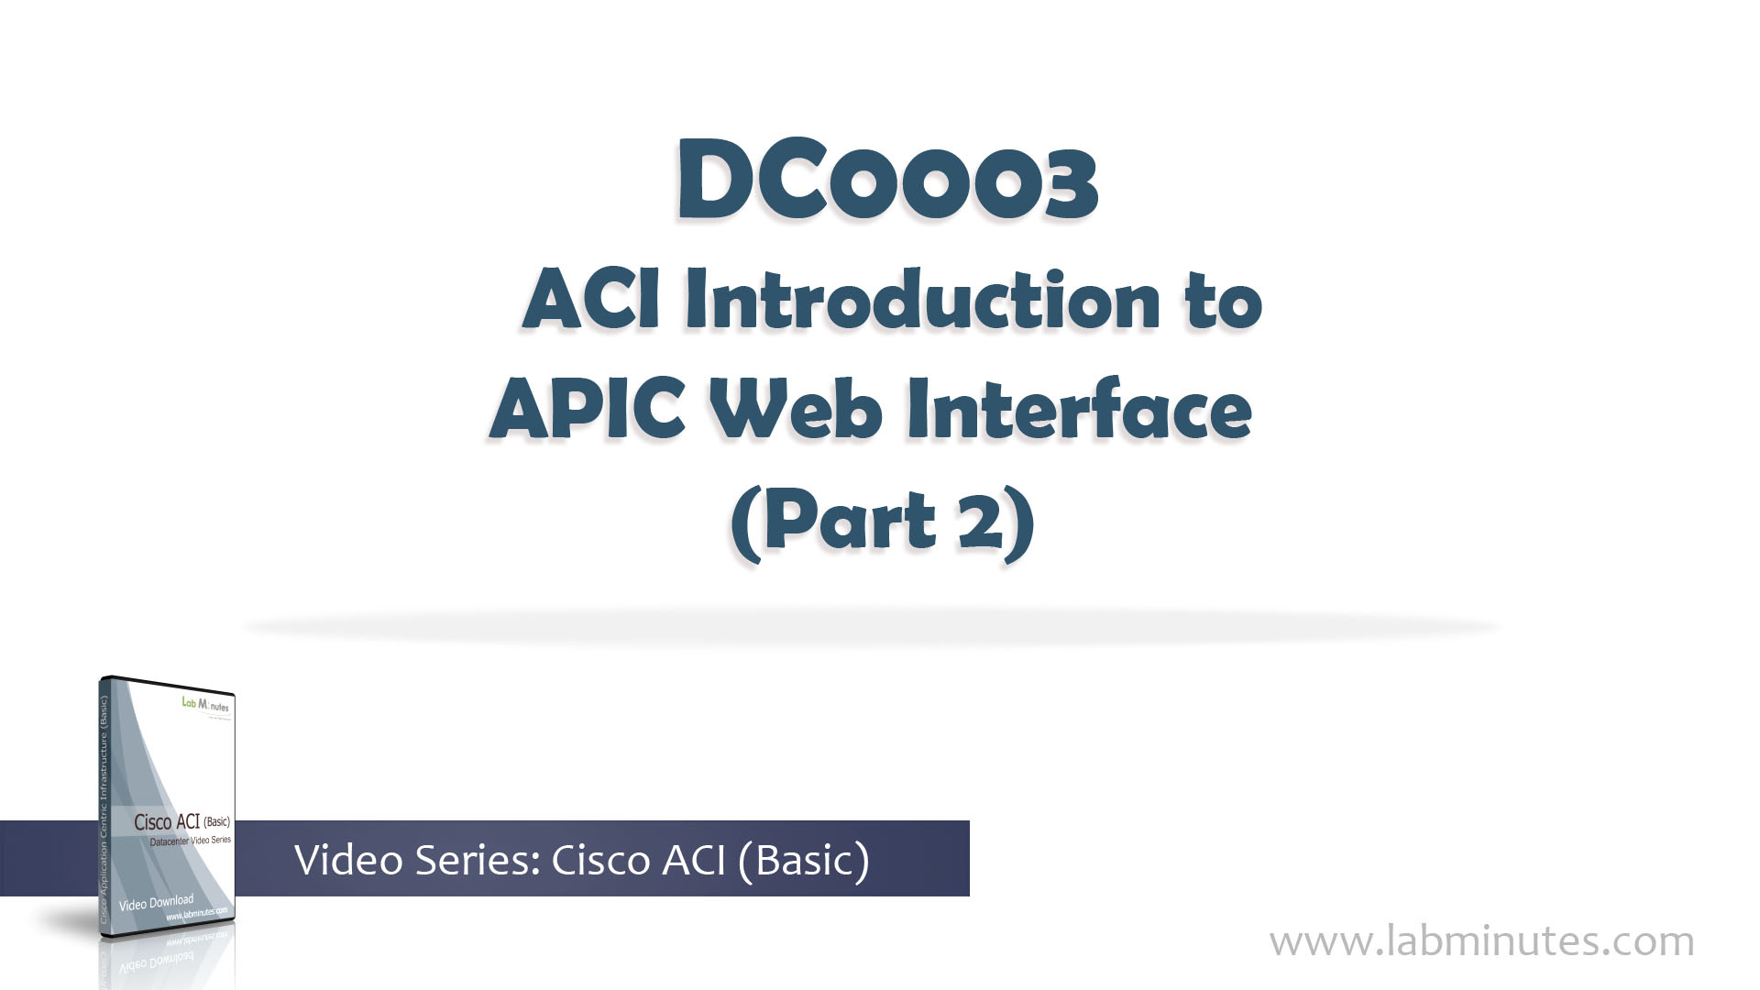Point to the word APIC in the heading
click(588, 410)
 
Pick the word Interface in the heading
click(1079, 410)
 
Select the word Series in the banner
click(477, 859)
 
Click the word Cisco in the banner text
click(600, 859)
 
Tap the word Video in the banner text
click(349, 859)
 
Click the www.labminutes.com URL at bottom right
click(1481, 941)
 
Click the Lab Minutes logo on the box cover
click(205, 705)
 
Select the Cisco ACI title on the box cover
click(181, 822)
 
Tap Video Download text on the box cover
click(156, 903)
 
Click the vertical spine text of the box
click(104, 807)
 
